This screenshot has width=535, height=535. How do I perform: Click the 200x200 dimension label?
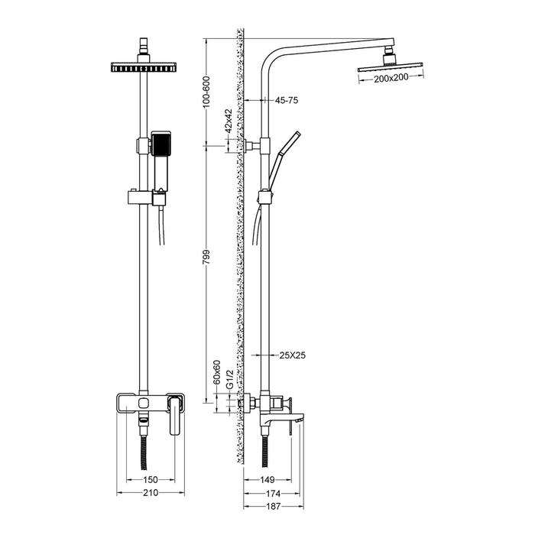click(x=391, y=79)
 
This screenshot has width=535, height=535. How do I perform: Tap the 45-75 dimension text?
click(x=287, y=100)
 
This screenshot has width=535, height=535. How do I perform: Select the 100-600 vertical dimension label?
click(x=207, y=92)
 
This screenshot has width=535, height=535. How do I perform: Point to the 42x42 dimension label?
click(x=229, y=121)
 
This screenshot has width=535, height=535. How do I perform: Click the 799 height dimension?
click(x=207, y=257)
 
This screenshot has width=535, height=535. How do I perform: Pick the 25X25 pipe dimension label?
click(x=293, y=355)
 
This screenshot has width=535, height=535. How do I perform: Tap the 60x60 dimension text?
click(x=217, y=372)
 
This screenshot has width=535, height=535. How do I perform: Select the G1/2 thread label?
click(x=229, y=379)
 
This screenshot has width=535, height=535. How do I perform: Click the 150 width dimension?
click(x=150, y=480)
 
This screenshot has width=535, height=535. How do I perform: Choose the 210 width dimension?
click(x=151, y=493)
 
